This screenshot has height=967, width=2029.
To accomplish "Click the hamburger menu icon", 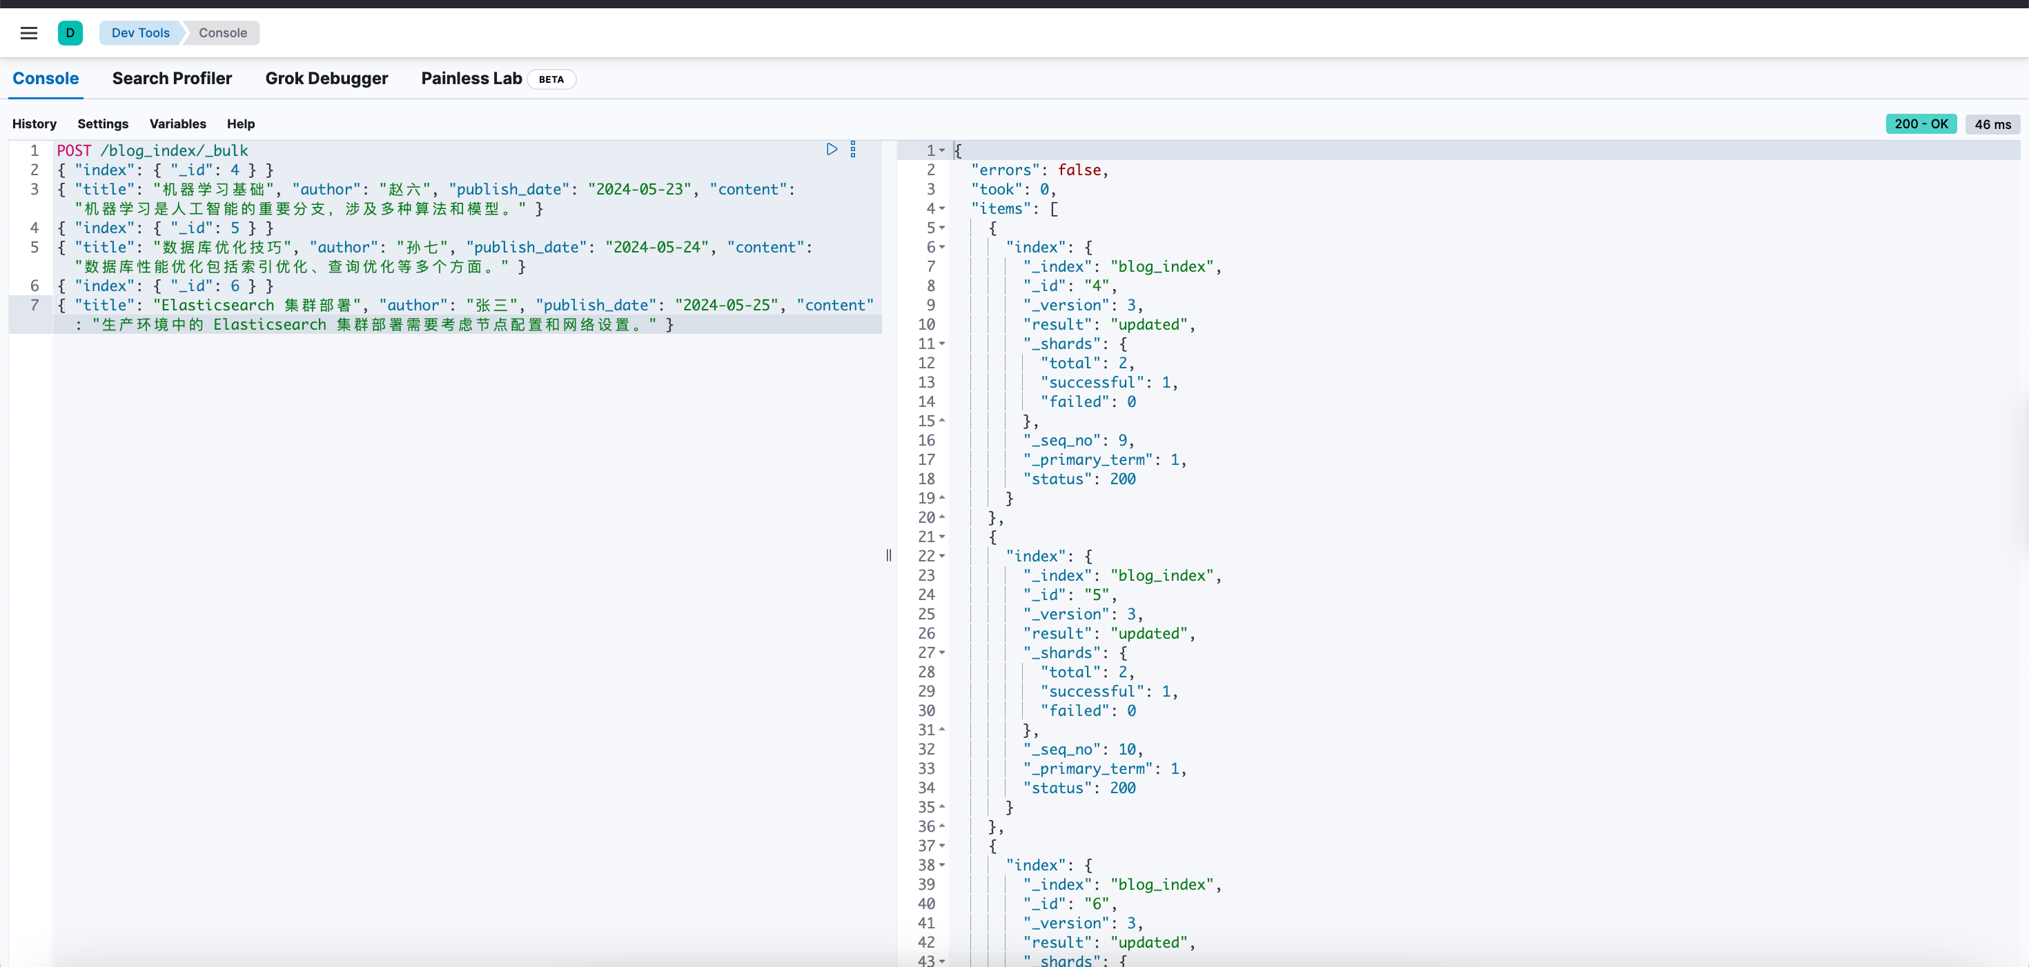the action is (29, 33).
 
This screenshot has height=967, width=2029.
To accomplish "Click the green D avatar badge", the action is (70, 33).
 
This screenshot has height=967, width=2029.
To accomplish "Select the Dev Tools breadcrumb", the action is (140, 33).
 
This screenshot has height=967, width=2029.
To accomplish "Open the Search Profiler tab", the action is (172, 79).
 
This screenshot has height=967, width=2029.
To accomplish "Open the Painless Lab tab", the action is (471, 79).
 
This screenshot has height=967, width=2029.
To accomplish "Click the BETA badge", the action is (551, 79).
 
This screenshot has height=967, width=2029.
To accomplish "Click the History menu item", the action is (35, 123).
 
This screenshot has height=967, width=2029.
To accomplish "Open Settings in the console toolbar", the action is (102, 123).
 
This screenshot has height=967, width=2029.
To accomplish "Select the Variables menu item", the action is (178, 123).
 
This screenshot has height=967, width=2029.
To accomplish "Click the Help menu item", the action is (241, 123).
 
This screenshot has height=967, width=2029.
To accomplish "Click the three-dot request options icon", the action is (853, 150).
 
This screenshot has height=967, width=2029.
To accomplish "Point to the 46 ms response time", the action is (1993, 124).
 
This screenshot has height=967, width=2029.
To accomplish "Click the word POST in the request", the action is (74, 150).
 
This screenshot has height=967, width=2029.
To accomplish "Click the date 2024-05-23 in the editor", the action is (640, 189).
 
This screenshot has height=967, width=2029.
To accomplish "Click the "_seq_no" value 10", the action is (1127, 750).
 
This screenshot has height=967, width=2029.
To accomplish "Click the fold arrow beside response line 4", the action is (942, 209).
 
